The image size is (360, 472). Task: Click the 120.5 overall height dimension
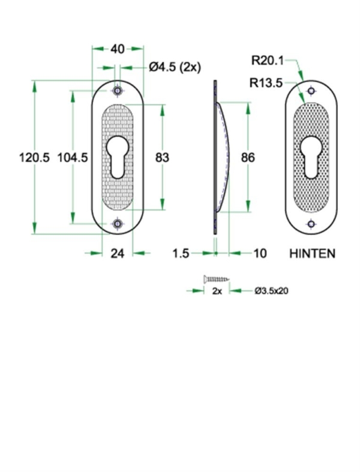pos(33,158)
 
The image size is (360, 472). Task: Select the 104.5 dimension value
pos(73,158)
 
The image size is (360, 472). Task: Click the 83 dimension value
pos(162,158)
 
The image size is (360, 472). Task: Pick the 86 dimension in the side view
pos(247,158)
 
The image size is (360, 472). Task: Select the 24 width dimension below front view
pos(118,254)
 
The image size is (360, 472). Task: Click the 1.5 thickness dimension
pos(181,254)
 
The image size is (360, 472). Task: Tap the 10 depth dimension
pos(260,254)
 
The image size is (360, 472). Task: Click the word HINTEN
pos(312,254)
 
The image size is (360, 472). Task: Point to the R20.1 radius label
pos(266,60)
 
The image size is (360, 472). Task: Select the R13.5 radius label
pos(266,83)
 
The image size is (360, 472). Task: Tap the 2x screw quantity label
pos(217,291)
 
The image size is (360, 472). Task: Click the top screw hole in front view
pos(118,91)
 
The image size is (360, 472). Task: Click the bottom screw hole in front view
pos(118,224)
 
